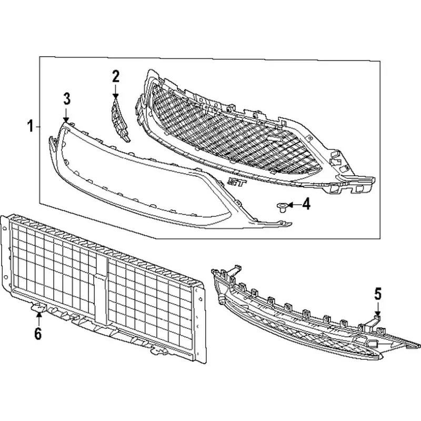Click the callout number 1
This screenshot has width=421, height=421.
31,126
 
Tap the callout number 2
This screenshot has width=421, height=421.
116,76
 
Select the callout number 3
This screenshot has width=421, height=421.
67,99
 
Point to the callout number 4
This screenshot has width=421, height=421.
306,204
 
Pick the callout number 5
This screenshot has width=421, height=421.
378,294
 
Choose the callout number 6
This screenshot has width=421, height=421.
38,334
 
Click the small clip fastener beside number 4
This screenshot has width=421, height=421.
282,207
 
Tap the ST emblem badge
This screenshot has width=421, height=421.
237,183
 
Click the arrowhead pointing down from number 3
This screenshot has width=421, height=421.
66,120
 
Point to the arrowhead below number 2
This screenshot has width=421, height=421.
116,96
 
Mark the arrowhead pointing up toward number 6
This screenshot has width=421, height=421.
39,314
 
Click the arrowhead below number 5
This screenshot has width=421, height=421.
378,313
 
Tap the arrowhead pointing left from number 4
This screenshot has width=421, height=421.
290,205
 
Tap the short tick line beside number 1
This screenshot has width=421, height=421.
37,126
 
